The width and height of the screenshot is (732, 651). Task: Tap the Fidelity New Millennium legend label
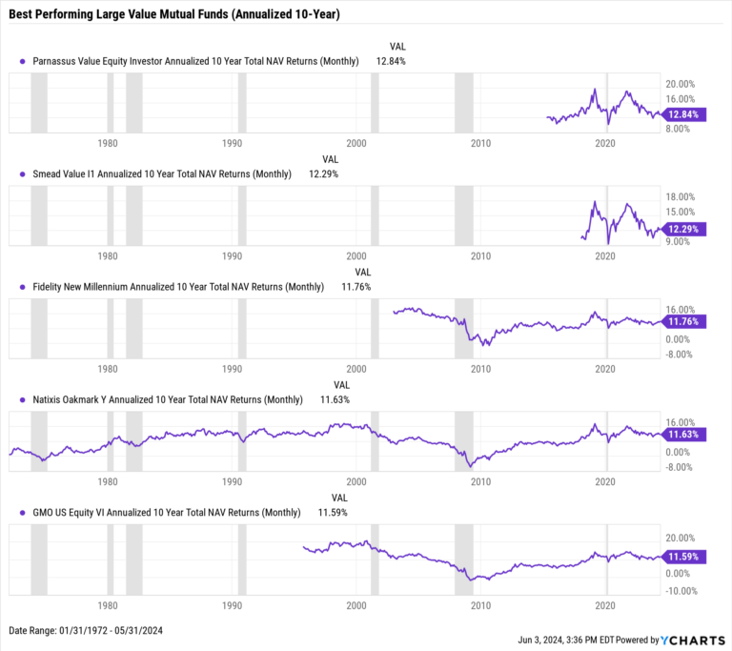tap(178, 287)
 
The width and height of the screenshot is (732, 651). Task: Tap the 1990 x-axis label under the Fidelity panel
tap(232, 369)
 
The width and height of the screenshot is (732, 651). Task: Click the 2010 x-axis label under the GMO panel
tap(480, 605)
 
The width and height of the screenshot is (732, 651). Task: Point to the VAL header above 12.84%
tap(397, 46)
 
